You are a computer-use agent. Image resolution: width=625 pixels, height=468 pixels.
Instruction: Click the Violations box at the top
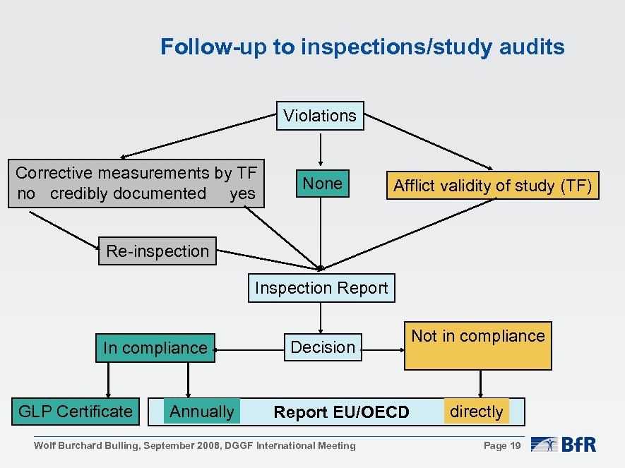click(x=320, y=116)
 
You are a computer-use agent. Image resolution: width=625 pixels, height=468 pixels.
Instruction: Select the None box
click(x=322, y=184)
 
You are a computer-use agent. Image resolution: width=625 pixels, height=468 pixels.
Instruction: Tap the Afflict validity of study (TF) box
click(x=492, y=186)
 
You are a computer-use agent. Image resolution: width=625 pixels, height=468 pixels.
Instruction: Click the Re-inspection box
click(x=157, y=251)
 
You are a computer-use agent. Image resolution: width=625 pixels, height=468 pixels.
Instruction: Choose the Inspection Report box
click(x=321, y=288)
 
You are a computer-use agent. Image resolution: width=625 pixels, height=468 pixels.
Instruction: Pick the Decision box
click(x=323, y=347)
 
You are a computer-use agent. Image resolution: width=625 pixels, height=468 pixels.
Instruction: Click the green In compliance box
click(x=155, y=348)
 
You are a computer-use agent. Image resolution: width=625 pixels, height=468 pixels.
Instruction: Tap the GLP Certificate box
click(x=76, y=412)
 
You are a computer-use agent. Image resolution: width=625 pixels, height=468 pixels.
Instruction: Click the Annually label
click(x=202, y=412)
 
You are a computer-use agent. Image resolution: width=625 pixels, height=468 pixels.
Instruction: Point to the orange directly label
click(x=477, y=412)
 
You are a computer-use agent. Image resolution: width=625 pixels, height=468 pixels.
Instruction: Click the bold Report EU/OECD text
click(x=341, y=412)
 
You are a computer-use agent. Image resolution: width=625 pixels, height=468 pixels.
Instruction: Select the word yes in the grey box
click(x=242, y=193)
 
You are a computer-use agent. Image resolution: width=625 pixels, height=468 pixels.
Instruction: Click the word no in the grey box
click(x=25, y=193)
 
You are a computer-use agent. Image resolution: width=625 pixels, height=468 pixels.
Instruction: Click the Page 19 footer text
click(x=502, y=445)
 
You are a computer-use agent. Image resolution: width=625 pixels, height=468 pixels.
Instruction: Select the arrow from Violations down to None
click(x=321, y=148)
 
